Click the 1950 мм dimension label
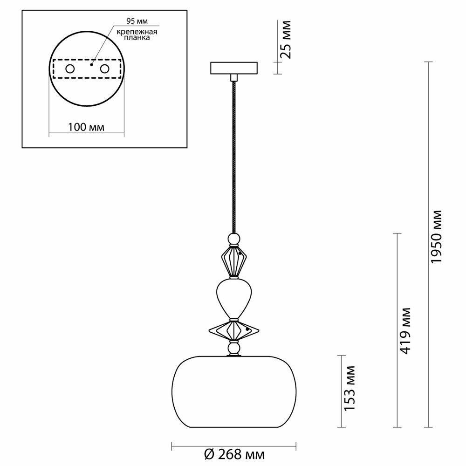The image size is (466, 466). point(437,237)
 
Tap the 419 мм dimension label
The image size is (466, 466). point(405,330)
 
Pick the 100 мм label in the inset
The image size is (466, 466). point(87,127)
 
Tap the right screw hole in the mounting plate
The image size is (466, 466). point(104,69)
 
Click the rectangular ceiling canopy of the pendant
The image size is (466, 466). point(234,69)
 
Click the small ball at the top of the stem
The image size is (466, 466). point(234,239)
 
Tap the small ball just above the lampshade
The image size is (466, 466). point(234,349)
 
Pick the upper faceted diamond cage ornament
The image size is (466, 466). point(234,260)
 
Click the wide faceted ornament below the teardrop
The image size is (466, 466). point(234,330)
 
